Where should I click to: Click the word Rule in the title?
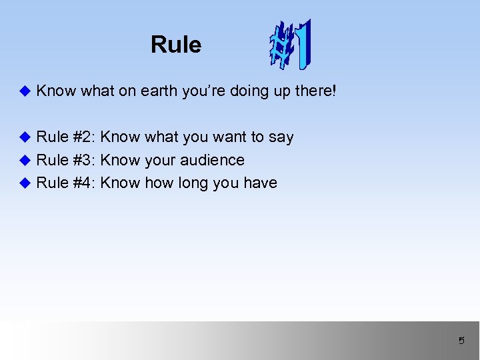pyautogui.click(x=175, y=45)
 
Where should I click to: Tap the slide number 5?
pyautogui.click(x=461, y=341)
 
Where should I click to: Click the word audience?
pyautogui.click(x=213, y=160)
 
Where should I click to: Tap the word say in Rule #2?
pyautogui.click(x=281, y=138)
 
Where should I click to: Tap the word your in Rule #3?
pyautogui.click(x=159, y=161)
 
